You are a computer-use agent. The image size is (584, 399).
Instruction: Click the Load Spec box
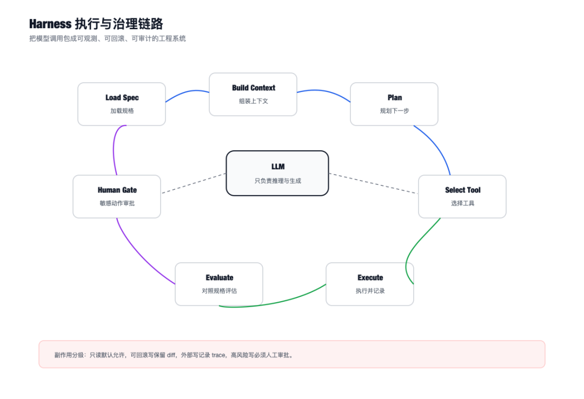point(122,104)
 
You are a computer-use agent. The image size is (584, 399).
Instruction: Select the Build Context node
point(253,94)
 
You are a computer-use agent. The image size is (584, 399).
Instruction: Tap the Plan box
point(394,104)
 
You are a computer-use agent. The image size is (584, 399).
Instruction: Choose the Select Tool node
point(462,196)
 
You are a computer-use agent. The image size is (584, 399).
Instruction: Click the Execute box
point(370,284)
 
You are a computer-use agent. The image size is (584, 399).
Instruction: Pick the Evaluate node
point(219,284)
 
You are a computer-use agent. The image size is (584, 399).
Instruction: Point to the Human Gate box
point(117,196)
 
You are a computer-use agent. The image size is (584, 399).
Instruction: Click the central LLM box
point(277,173)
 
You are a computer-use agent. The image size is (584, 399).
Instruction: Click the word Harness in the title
point(50,24)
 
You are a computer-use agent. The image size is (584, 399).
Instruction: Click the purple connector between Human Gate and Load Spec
point(114,149)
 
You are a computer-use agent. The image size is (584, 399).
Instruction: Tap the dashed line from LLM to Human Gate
point(194,183)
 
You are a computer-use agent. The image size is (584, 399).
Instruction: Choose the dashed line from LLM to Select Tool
point(373,183)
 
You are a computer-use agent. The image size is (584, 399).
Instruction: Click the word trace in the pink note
point(218,355)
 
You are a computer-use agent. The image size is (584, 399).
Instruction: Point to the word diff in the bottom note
point(171,355)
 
